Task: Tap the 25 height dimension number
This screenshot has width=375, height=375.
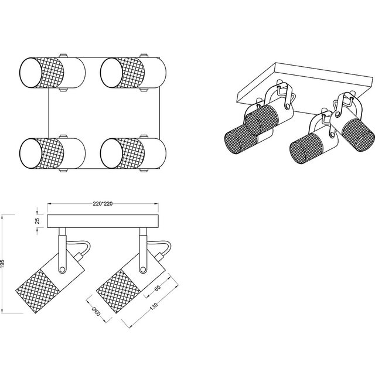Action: [36, 221]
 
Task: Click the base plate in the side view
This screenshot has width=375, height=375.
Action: [103, 221]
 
